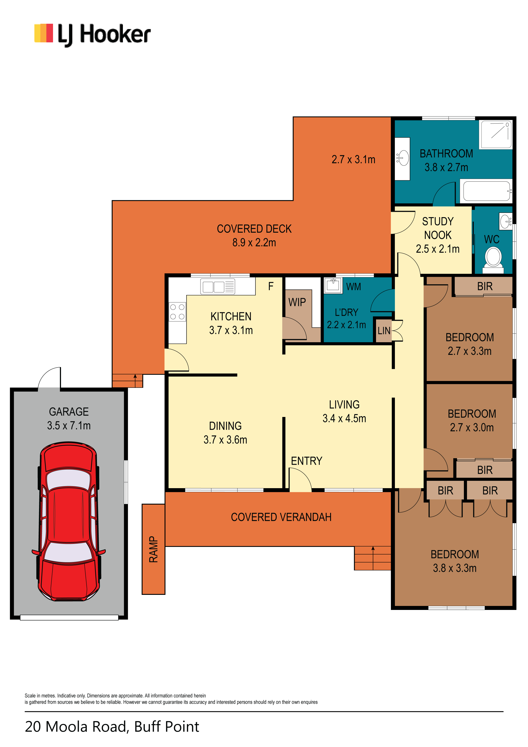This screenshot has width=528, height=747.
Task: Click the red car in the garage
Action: pyautogui.click(x=69, y=521)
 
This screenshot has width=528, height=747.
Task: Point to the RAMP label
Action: pyautogui.click(x=153, y=549)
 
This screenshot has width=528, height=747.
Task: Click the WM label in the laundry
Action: pyautogui.click(x=354, y=287)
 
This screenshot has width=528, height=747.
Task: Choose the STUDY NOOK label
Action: pyautogui.click(x=438, y=228)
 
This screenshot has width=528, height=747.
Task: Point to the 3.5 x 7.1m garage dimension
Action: pyautogui.click(x=69, y=425)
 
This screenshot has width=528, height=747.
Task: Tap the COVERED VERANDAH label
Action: pyautogui.click(x=281, y=517)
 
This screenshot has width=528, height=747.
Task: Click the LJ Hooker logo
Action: pyautogui.click(x=93, y=34)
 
